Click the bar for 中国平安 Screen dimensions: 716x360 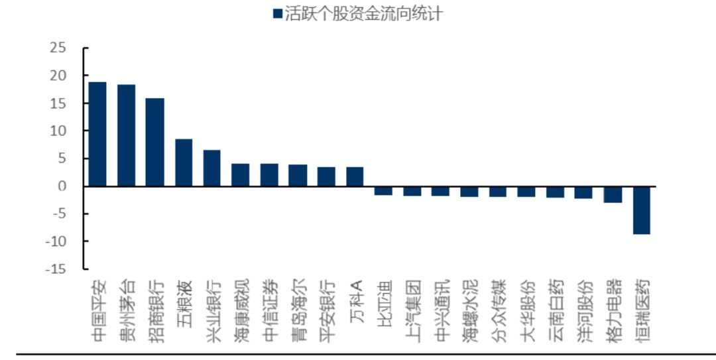click(x=97, y=135)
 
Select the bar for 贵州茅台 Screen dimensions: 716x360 click(x=127, y=136)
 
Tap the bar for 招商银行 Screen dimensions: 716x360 click(x=154, y=143)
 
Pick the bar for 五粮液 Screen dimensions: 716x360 click(x=184, y=162)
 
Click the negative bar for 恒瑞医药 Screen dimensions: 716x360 click(x=642, y=210)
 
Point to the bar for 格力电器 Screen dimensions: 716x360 click(x=613, y=194)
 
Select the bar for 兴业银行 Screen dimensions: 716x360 click(x=212, y=168)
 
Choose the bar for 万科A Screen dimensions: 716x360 click(x=355, y=177)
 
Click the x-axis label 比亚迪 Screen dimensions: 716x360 click(x=385, y=298)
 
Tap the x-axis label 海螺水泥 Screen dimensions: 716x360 click(x=470, y=304)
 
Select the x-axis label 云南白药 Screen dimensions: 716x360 click(x=556, y=304)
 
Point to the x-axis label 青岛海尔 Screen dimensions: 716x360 click(x=298, y=304)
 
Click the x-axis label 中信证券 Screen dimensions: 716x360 click(x=269, y=304)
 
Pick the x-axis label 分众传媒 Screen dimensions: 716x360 click(x=498, y=304)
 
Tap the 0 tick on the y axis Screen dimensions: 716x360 click(x=62, y=186)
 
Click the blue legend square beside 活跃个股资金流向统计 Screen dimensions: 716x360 click(x=277, y=14)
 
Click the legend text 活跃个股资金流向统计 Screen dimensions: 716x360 click(x=363, y=14)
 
